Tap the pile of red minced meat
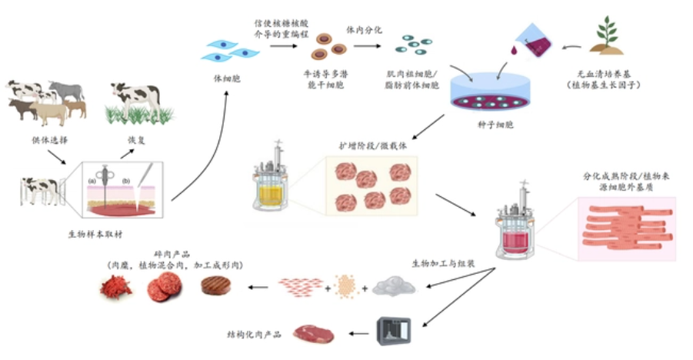click(x=115, y=288)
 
